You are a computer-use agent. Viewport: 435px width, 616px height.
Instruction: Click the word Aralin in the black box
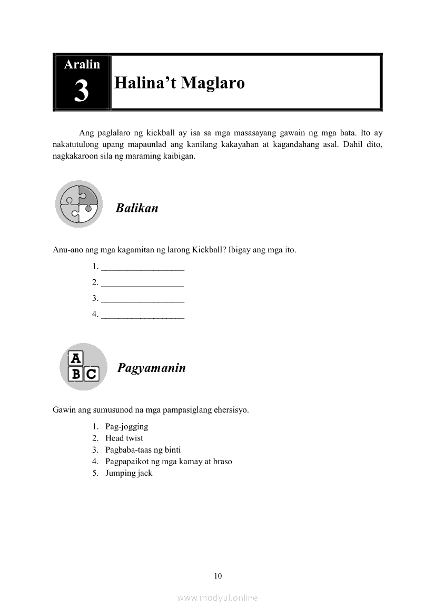[x=82, y=64]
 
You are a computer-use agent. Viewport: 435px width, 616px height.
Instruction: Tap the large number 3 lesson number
[x=82, y=92]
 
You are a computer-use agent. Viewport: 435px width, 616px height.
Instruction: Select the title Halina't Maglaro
[x=180, y=83]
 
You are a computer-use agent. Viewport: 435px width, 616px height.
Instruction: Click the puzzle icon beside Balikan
[x=79, y=204]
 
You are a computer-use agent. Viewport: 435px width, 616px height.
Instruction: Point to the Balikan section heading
[x=137, y=208]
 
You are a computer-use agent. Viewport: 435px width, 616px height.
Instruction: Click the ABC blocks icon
[x=83, y=367]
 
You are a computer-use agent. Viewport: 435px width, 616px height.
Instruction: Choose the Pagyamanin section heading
[x=152, y=368]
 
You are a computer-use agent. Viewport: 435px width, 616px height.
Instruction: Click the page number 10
[x=218, y=575]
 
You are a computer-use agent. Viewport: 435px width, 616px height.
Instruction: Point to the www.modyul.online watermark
[x=217, y=598]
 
